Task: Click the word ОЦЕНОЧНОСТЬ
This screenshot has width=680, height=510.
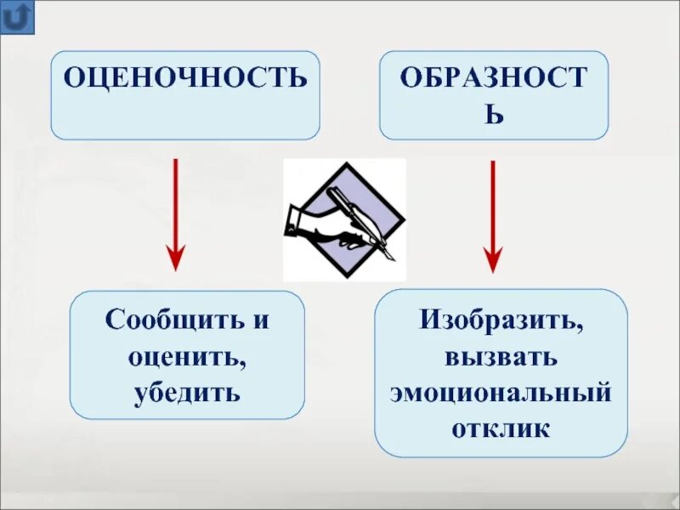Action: point(185,78)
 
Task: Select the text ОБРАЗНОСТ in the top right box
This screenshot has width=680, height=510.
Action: point(494,78)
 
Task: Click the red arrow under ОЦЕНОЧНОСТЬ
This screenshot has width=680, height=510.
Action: point(175,212)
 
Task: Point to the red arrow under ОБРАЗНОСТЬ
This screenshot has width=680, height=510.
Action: point(493,212)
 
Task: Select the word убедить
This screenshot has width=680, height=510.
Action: point(187,394)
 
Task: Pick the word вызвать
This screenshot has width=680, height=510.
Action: point(500,356)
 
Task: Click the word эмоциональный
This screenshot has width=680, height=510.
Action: point(501,392)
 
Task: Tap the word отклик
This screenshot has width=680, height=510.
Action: point(501,428)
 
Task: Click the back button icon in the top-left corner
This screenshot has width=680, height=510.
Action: point(18,17)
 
